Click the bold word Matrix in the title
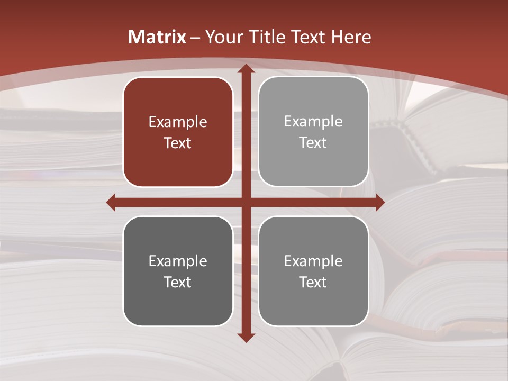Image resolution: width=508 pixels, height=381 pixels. click(x=157, y=37)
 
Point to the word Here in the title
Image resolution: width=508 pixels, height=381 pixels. click(x=351, y=37)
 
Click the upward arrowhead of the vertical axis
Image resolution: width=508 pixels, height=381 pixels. click(x=246, y=68)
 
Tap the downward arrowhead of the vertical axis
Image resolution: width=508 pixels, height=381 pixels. click(x=246, y=337)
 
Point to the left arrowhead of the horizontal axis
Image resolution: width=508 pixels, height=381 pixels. click(x=111, y=202)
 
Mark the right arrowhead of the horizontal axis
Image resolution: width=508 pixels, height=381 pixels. click(x=380, y=202)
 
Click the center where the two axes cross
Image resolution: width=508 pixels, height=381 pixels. click(x=246, y=202)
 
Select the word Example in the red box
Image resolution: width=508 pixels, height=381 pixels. click(x=178, y=122)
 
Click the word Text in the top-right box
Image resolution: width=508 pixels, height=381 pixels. click(x=313, y=143)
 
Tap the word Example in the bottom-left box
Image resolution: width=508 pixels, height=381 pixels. click(x=178, y=261)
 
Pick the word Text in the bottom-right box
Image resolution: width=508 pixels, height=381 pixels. click(x=313, y=282)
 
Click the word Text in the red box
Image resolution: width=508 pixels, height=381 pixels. click(x=178, y=143)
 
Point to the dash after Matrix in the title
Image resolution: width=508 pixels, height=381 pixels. click(x=195, y=38)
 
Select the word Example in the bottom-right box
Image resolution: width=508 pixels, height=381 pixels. click(x=313, y=261)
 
